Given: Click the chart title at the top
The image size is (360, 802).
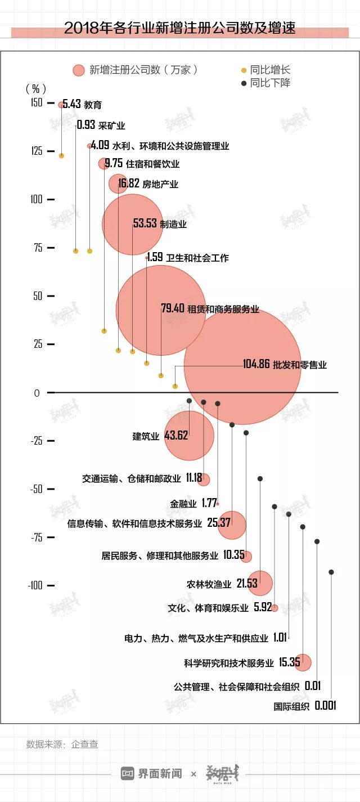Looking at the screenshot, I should (179, 29).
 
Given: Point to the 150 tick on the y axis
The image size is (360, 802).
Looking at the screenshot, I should (37, 102).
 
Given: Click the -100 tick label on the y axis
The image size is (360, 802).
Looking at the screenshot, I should (35, 585).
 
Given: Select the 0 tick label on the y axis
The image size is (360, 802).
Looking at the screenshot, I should (37, 393).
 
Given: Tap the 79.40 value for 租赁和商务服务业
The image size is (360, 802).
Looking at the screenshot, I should (173, 308).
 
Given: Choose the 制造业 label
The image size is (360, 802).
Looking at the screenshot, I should (173, 224).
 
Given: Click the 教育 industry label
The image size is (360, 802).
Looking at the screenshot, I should (93, 105).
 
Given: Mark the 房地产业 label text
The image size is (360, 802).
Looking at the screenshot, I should (160, 184).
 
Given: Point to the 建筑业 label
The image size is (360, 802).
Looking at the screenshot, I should (146, 436).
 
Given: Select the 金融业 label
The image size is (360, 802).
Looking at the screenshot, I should (183, 504).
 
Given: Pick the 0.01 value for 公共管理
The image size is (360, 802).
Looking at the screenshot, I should (312, 686).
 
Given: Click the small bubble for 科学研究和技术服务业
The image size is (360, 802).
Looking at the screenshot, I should (303, 662).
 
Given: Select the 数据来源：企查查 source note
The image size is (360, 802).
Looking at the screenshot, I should (62, 744).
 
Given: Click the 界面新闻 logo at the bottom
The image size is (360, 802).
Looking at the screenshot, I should (152, 774).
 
